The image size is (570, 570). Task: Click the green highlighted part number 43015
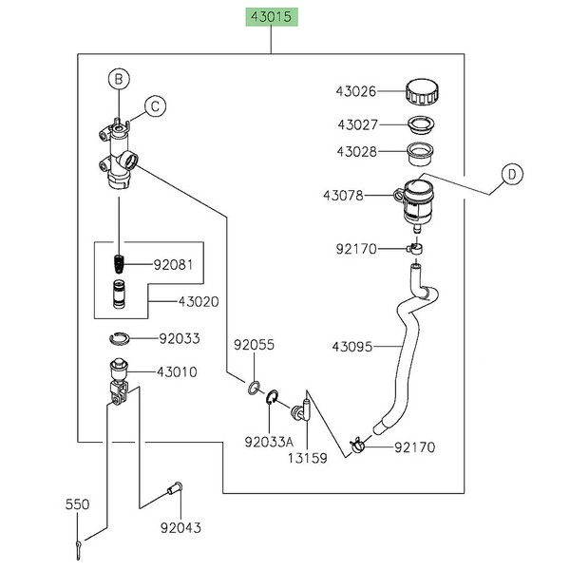point(272,17)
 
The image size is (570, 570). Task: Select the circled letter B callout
point(119,79)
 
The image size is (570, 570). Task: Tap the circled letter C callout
point(154,106)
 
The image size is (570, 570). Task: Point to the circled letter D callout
point(511,173)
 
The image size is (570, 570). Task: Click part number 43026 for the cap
point(356,92)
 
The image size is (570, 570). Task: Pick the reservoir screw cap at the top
point(420,93)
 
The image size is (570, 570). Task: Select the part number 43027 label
point(356,123)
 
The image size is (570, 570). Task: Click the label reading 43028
point(356,150)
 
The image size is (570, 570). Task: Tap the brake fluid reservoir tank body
point(416,200)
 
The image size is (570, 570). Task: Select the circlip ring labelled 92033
point(120,338)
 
